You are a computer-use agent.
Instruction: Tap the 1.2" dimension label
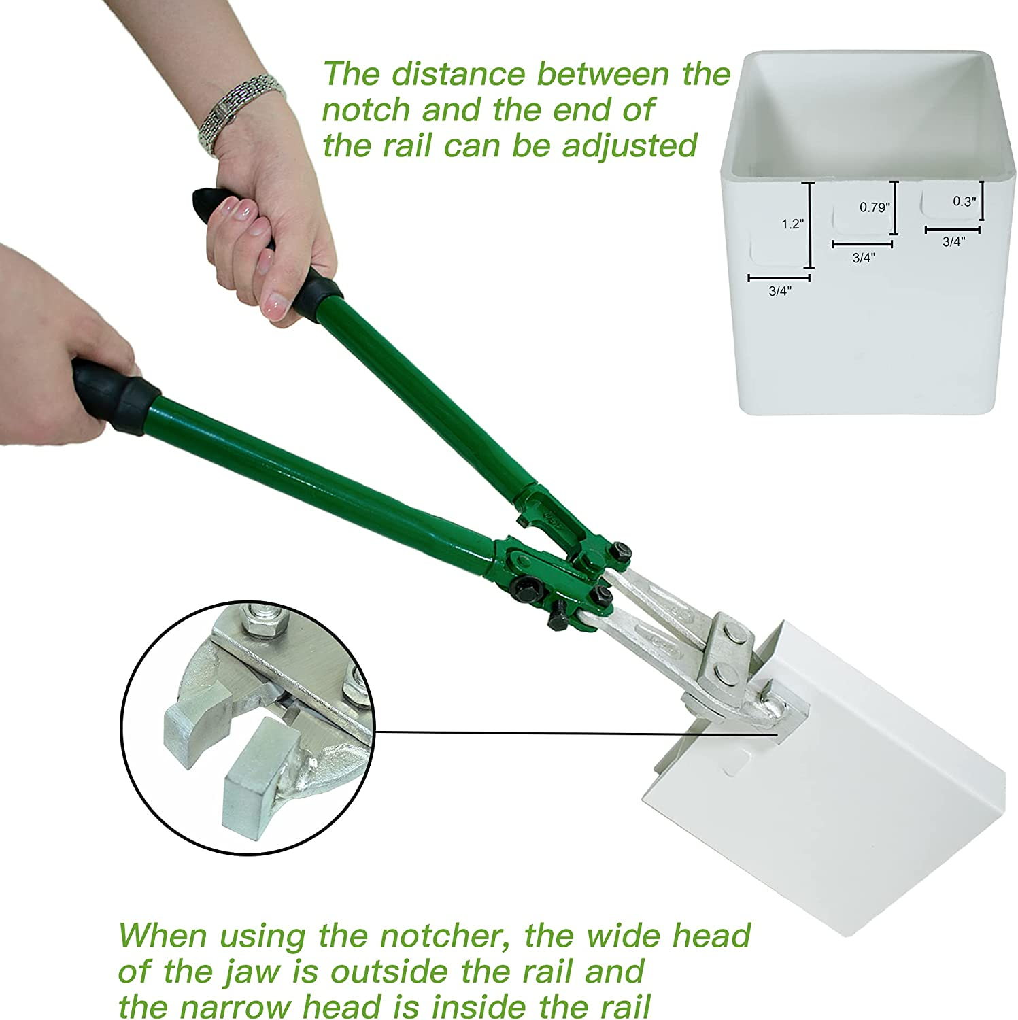(792, 224)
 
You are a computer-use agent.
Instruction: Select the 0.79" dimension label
(874, 207)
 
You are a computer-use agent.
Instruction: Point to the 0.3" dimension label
(964, 201)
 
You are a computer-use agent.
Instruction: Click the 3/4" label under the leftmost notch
(780, 291)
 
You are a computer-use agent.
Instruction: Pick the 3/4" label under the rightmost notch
(953, 242)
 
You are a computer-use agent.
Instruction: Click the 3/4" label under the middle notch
(863, 258)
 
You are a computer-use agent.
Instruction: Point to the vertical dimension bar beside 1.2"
(809, 226)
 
